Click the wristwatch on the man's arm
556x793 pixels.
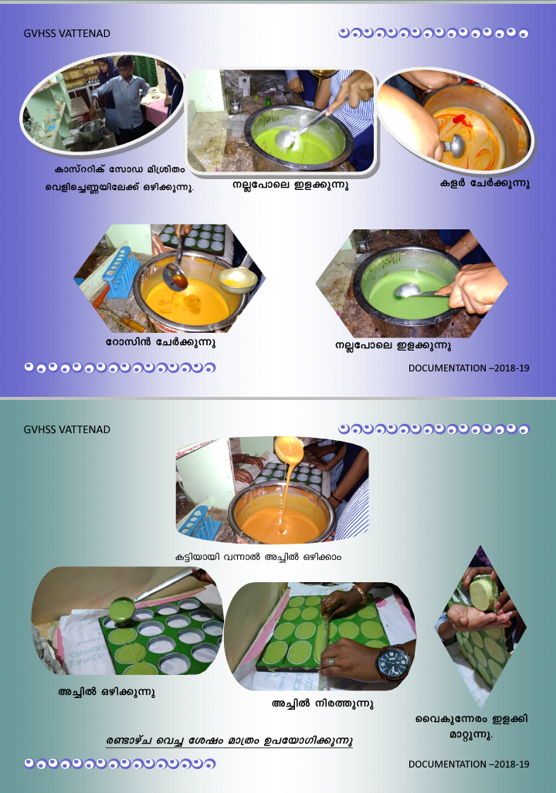click(x=394, y=663)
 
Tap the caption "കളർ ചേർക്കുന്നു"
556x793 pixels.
click(x=485, y=184)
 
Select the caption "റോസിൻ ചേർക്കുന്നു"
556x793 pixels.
click(x=161, y=342)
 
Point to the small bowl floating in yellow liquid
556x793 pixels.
click(x=237, y=279)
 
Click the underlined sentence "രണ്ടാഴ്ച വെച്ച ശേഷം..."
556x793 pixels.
click(x=229, y=741)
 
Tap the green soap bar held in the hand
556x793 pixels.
click(x=483, y=592)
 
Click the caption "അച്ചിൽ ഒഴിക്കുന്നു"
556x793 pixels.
click(x=107, y=692)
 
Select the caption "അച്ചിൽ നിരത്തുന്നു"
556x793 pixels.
click(x=323, y=703)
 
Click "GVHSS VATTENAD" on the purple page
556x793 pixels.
click(x=66, y=33)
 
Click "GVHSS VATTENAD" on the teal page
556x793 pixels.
click(x=66, y=429)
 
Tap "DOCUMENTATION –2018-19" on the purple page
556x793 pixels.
click(x=469, y=368)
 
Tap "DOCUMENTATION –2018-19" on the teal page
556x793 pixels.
click(x=469, y=764)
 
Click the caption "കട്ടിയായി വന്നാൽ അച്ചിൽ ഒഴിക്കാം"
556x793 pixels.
click(x=258, y=557)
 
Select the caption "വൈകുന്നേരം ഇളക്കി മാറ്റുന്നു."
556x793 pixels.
click(x=471, y=727)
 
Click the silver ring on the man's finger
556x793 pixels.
click(x=330, y=662)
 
